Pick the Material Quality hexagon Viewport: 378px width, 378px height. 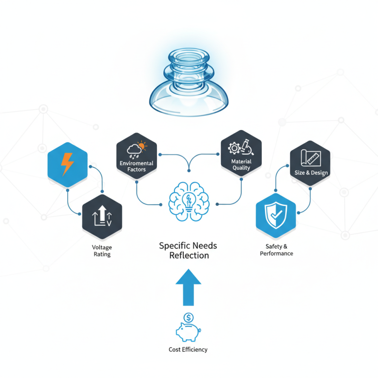click(241, 153)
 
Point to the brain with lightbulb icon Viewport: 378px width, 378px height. click(189, 200)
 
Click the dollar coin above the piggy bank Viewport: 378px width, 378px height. click(189, 317)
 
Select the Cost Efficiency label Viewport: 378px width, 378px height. click(188, 350)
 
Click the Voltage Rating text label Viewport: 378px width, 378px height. click(102, 251)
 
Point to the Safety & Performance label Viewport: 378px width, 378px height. click(276, 250)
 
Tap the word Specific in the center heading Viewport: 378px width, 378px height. click(173, 246)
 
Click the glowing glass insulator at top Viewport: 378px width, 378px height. click(189, 89)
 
